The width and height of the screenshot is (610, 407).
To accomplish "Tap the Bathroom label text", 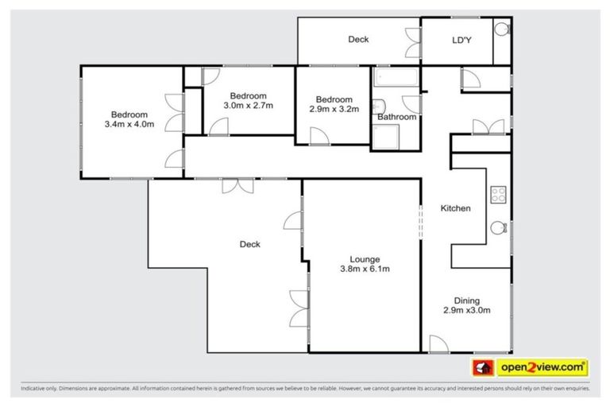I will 396,117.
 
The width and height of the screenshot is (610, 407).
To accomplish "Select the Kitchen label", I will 456,208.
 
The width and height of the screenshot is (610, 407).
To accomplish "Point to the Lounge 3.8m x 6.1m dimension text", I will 365,269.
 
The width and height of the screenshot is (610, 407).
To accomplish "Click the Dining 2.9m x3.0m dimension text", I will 466,310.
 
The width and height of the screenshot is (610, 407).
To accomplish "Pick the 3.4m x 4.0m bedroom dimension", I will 129,124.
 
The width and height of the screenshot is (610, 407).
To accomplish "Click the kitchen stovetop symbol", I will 499,193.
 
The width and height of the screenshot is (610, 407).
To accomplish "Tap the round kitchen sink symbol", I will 499,227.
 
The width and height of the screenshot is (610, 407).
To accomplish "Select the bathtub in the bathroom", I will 395,79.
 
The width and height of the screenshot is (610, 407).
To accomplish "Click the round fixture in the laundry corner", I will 500,29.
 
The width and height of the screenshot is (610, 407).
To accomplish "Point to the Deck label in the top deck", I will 358,39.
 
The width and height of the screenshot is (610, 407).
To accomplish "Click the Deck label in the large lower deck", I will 250,244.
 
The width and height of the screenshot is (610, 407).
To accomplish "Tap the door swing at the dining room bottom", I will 438,343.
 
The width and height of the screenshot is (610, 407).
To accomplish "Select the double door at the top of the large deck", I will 237,184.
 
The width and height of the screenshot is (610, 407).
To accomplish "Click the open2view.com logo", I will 542,367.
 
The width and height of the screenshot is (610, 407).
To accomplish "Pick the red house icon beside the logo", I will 483,367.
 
